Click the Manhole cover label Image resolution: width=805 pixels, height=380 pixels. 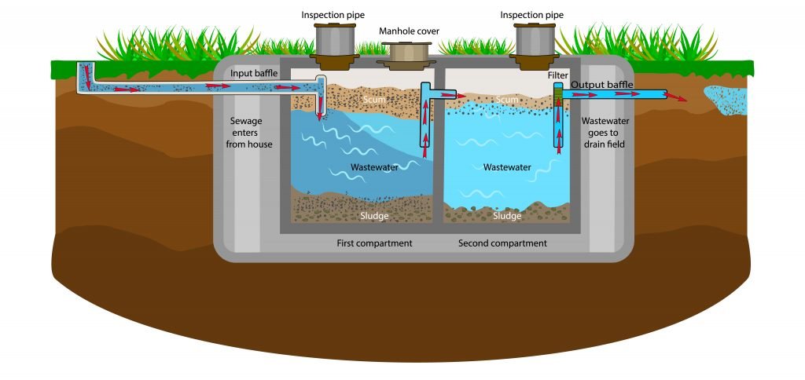coord(409,31)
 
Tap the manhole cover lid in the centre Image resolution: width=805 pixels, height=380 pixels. coord(409,53)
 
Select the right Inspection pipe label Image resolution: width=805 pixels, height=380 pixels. coord(531,15)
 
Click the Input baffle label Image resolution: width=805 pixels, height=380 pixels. coord(254,74)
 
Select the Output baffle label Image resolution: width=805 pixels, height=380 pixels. coord(602,85)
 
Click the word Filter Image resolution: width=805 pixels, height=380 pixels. coord(558,75)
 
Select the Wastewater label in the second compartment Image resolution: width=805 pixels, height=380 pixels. coord(507,167)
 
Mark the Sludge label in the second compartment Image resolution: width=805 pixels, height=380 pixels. coord(507,215)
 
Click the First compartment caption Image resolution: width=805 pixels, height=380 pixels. coord(374,243)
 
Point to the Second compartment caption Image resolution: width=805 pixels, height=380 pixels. coord(502,243)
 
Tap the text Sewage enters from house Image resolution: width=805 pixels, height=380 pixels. coord(251,133)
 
